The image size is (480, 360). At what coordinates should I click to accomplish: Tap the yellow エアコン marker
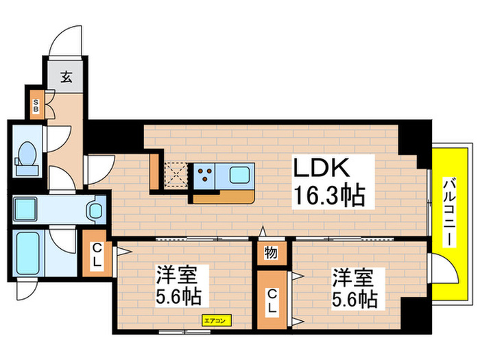pyautogui.click(x=217, y=320)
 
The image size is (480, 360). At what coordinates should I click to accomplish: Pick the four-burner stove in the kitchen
pyautogui.click(x=204, y=176)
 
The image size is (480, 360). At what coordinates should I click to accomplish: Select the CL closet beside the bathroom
pyautogui.click(x=97, y=254)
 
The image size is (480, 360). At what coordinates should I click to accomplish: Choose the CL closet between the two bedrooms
pyautogui.click(x=272, y=301)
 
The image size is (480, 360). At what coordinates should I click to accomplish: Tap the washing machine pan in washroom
pyautogui.click(x=29, y=206)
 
